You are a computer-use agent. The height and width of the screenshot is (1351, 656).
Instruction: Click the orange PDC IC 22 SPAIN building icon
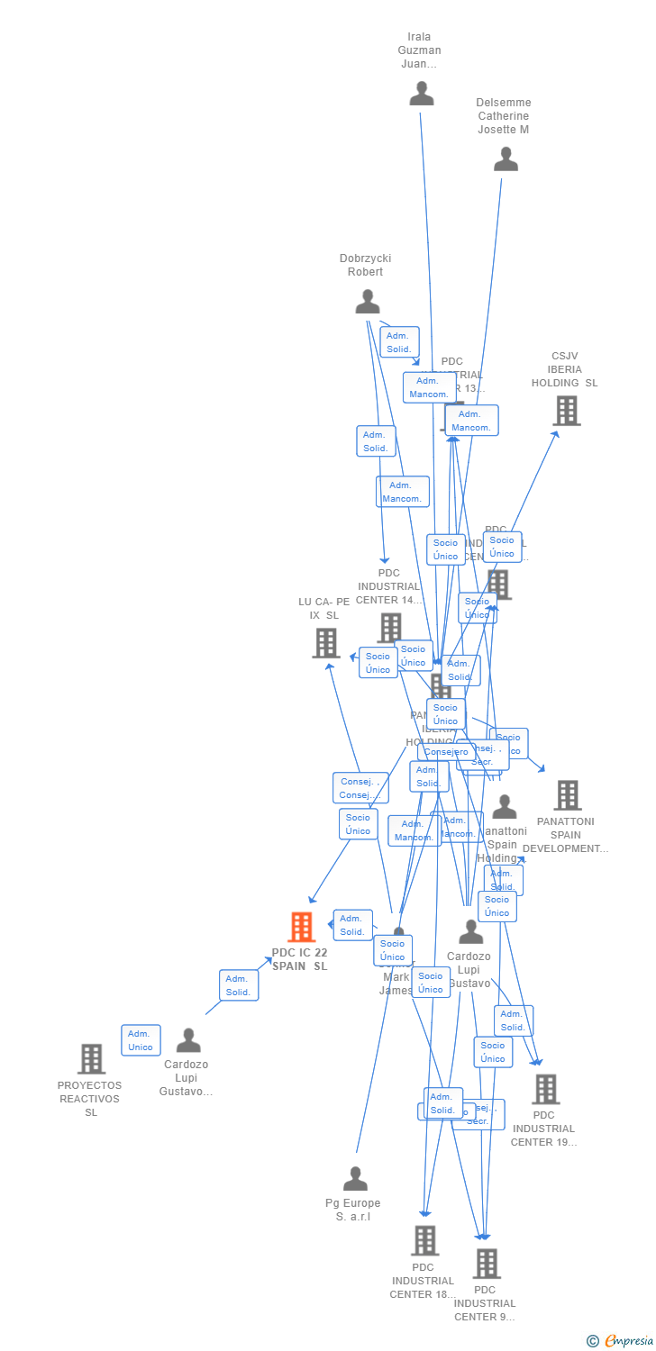301,927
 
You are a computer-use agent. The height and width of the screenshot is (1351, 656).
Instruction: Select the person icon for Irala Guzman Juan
422,94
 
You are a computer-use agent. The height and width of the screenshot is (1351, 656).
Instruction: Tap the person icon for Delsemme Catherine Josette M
506,159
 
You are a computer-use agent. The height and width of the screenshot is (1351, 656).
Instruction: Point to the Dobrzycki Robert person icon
367,301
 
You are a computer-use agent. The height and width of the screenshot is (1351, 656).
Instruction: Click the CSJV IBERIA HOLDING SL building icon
566,411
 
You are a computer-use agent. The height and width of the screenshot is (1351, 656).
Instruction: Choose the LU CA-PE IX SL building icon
325,643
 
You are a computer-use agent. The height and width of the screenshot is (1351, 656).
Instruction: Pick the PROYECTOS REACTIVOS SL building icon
91,1059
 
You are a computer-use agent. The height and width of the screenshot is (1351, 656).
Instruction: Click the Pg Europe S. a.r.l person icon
355,1178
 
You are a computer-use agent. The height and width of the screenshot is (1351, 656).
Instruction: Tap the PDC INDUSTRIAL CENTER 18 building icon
424,1240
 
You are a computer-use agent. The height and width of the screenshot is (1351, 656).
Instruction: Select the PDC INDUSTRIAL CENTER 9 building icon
487,1264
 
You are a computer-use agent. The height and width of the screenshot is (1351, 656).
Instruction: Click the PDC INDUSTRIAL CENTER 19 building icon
545,1089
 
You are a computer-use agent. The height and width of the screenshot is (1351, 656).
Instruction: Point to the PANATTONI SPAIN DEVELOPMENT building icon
567,795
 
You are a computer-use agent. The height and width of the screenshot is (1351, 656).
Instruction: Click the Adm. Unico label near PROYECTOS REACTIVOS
141,1040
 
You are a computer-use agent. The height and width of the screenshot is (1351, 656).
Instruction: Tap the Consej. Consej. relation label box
360,788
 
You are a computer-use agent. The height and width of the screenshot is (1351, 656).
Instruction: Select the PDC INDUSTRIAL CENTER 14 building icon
390,627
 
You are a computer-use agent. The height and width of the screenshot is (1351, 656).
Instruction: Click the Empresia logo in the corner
621,1341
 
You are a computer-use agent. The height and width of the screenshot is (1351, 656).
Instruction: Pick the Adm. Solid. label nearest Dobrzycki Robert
399,342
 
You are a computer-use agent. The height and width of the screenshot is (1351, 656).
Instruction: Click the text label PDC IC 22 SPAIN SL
300,959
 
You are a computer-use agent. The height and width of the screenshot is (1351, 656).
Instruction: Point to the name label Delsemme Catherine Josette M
504,116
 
